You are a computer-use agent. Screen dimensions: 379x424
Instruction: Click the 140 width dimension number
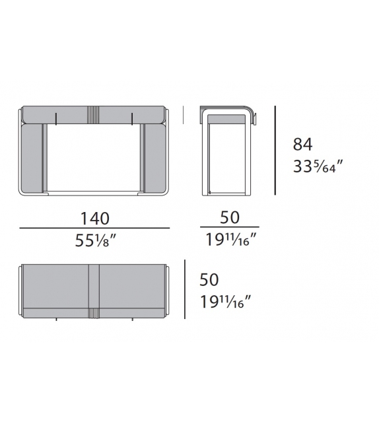point(95,219)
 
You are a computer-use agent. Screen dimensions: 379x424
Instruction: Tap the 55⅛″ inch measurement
point(96,240)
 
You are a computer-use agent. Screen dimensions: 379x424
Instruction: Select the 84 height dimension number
point(303,144)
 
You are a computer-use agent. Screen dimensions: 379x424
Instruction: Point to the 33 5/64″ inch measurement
point(318,166)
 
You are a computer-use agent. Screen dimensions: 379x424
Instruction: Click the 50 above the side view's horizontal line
point(230,217)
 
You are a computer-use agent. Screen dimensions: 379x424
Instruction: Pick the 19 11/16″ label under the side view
point(231,239)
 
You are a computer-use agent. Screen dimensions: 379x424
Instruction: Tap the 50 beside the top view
point(209,279)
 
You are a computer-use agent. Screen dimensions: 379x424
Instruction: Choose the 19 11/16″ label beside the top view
point(226,302)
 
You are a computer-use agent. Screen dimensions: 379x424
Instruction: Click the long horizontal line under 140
point(94,229)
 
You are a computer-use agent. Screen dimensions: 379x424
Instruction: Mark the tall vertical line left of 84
point(275,150)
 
